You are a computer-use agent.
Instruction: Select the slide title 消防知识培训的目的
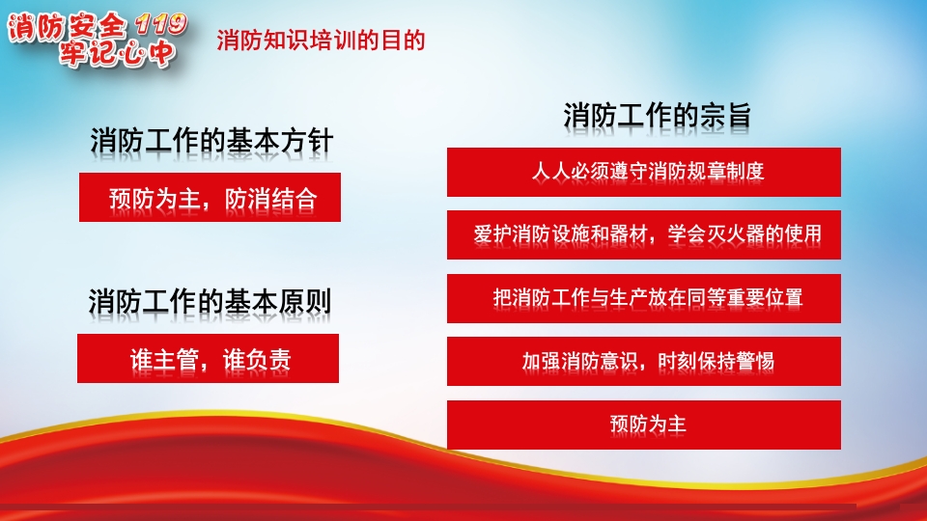[x=322, y=41]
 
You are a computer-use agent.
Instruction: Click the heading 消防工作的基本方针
[x=211, y=141]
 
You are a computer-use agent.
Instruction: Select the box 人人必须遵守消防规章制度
[x=643, y=172]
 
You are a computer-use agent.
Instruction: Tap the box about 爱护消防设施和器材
[x=643, y=234]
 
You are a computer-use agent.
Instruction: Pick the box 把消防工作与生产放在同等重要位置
[x=643, y=298]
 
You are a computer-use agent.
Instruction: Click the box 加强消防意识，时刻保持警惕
[x=643, y=361]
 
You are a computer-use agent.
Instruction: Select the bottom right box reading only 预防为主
[x=643, y=425]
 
